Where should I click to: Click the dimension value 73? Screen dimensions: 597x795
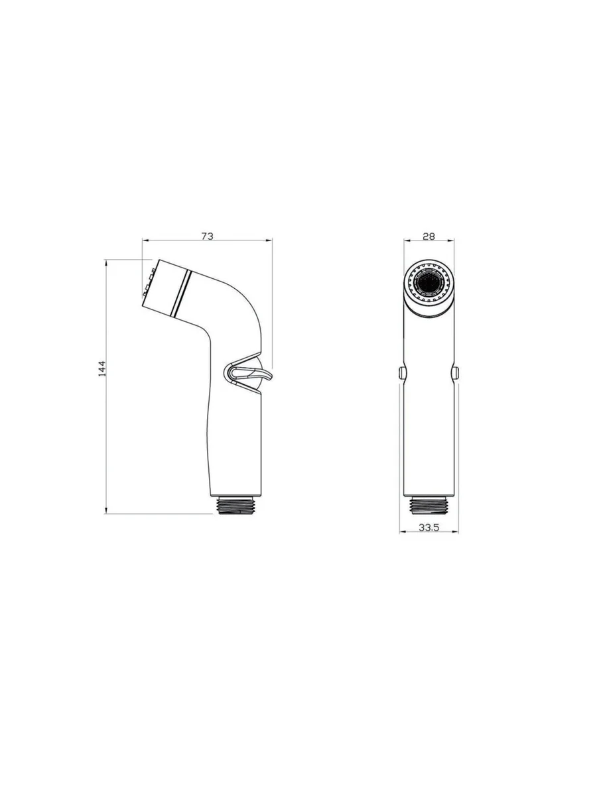[208, 236]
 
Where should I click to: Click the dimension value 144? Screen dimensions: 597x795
[102, 368]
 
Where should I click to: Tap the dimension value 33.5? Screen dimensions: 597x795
[429, 527]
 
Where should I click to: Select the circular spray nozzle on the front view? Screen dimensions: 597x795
[429, 281]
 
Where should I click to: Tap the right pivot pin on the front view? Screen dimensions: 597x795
[455, 372]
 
